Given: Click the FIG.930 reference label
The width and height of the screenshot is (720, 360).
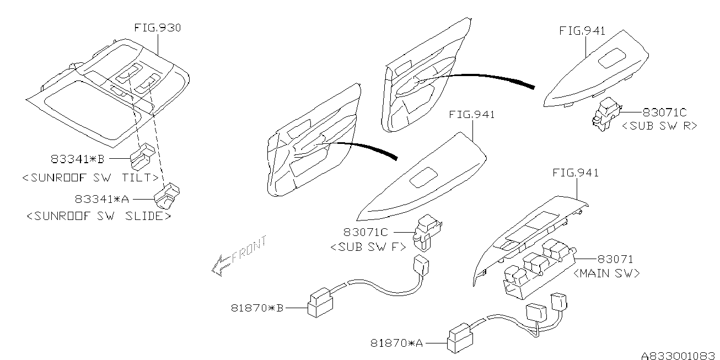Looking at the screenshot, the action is click(158, 28).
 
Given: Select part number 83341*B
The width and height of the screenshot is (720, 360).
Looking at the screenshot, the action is click(78, 159).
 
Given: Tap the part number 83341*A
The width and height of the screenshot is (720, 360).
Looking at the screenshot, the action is click(102, 199).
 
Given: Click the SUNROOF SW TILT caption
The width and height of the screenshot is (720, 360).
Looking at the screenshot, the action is click(90, 178).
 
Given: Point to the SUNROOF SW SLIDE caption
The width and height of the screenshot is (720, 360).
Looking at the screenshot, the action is click(99, 216).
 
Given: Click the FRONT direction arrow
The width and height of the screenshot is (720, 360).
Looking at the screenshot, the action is click(239, 256).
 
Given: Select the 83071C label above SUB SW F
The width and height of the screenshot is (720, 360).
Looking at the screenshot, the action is click(366, 232).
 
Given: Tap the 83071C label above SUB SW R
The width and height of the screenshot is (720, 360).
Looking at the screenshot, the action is click(665, 112).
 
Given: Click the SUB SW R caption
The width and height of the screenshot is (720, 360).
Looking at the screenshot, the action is click(659, 126).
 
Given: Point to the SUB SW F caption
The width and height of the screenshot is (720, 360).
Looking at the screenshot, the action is click(368, 247).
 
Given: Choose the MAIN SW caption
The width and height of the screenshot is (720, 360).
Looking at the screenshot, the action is click(606, 273).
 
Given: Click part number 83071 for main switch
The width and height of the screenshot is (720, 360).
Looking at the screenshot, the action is click(615, 259).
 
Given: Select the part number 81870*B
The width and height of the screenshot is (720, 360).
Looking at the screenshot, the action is click(257, 308).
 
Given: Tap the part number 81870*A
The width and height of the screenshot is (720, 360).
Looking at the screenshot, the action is click(396, 343).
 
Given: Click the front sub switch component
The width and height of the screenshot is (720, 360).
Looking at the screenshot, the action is click(427, 233).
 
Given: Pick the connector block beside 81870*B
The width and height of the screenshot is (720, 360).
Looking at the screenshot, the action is click(320, 303).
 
